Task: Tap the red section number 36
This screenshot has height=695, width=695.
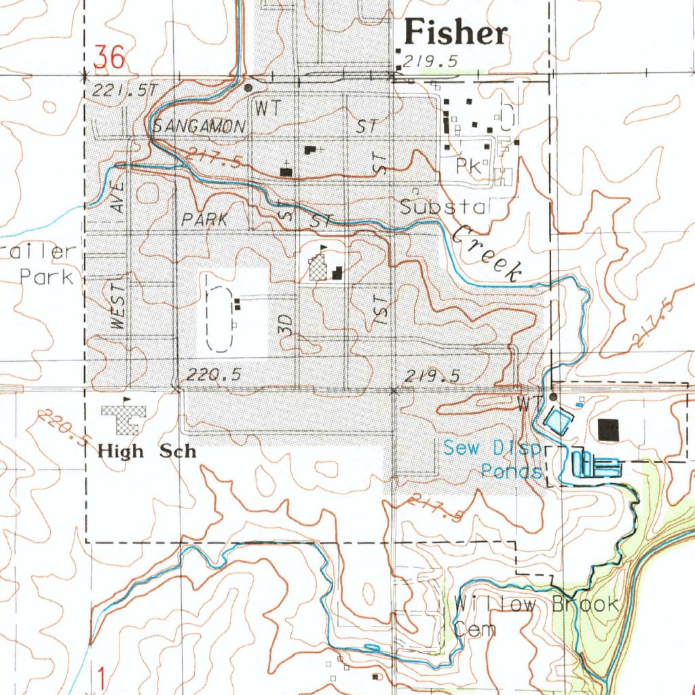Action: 110,58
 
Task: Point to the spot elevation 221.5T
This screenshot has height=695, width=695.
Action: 125,90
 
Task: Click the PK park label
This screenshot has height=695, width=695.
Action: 468,167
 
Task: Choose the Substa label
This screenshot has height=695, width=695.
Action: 443,208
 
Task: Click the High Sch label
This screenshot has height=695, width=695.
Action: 147,451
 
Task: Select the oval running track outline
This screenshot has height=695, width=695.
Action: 219,318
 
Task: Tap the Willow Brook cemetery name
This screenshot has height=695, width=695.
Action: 536,604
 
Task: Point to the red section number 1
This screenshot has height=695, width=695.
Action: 100,677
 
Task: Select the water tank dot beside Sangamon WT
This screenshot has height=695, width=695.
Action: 248,88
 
